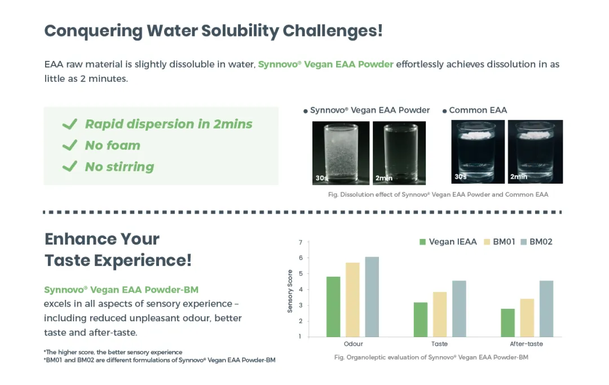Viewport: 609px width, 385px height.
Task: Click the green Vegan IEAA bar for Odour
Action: pyautogui.click(x=333, y=307)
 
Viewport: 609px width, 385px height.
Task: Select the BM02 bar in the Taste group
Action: pyautogui.click(x=459, y=308)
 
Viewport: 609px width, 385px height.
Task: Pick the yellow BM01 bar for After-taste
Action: pyautogui.click(x=527, y=318)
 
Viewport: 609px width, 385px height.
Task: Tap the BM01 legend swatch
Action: pyautogui.click(x=487, y=242)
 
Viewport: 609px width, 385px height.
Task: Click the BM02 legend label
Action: pyautogui.click(x=541, y=242)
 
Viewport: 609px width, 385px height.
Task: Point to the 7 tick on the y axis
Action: pyautogui.click(x=301, y=242)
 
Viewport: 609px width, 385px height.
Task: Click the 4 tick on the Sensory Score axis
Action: pyautogui.click(x=301, y=290)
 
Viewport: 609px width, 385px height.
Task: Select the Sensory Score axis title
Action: pyautogui.click(x=290, y=291)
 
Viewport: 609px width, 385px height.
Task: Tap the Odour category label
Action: pyautogui.click(x=353, y=344)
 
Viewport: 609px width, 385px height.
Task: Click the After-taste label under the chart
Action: pyautogui.click(x=526, y=344)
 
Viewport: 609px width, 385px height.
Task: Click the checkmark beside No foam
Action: pyautogui.click(x=70, y=145)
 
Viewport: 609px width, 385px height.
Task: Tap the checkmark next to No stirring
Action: pyautogui.click(x=70, y=166)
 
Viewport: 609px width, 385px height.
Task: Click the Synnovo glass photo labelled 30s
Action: pyautogui.click(x=341, y=153)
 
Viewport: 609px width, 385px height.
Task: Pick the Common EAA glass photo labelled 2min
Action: pyautogui.click(x=535, y=152)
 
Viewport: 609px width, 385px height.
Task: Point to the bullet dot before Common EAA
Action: pyautogui.click(x=445, y=112)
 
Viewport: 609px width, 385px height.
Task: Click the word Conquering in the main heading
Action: pyautogui.click(x=94, y=30)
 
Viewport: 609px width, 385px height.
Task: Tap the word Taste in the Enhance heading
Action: pyautogui.click(x=67, y=260)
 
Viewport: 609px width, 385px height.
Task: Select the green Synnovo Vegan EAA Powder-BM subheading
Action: pyautogui.click(x=121, y=290)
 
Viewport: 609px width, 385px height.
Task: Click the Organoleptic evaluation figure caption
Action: pyautogui.click(x=431, y=357)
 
